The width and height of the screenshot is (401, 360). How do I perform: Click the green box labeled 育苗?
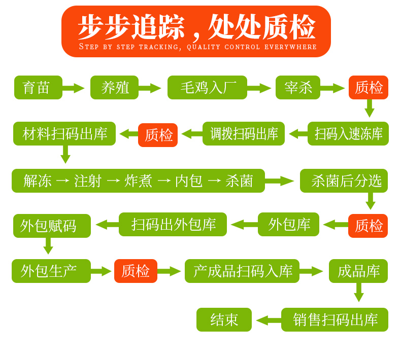coord(39,87)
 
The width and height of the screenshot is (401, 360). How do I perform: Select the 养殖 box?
coord(114,87)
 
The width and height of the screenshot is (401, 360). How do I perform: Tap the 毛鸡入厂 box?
coord(207,87)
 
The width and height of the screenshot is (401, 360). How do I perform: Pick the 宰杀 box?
coord(298,87)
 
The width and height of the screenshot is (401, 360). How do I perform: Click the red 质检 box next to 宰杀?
coord(369,87)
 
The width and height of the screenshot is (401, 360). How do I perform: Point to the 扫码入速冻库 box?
coord(348,134)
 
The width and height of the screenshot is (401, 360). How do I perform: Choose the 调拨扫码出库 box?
coord(244,134)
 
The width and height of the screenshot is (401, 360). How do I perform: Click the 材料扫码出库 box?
coord(64,134)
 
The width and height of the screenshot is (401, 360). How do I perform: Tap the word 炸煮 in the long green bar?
coord(138,181)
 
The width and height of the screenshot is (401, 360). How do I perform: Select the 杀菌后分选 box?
coord(344,181)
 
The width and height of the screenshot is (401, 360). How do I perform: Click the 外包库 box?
coord(288,224)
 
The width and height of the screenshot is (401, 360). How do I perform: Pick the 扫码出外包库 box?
coord(173,224)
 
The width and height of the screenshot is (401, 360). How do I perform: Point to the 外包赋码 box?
coord(52,226)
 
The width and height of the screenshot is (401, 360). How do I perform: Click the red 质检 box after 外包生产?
coord(136,271)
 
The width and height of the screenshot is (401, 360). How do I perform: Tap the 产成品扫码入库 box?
coord(242,271)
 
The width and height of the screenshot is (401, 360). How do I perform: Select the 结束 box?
coord(224,319)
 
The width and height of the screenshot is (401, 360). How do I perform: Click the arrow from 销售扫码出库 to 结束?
coord(269,320)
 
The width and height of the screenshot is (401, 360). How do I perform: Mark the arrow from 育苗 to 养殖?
coord(74,88)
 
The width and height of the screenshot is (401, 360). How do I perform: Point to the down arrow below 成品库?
coord(359,292)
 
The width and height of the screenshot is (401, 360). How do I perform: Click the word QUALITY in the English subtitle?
coord(204,47)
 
